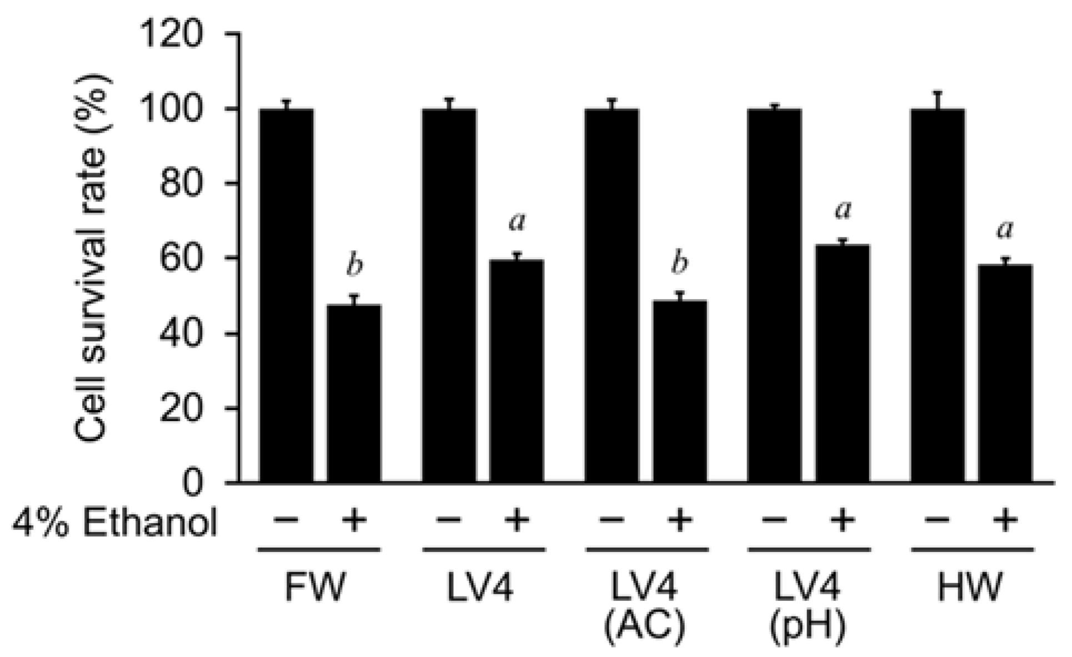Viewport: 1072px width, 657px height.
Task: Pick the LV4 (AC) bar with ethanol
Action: [x=679, y=391]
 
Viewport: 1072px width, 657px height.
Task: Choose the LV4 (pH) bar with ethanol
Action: [x=841, y=363]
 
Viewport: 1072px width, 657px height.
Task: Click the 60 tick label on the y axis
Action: [x=181, y=259]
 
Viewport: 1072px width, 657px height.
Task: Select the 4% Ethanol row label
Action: [x=114, y=522]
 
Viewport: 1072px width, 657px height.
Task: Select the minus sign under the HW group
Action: [x=938, y=520]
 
